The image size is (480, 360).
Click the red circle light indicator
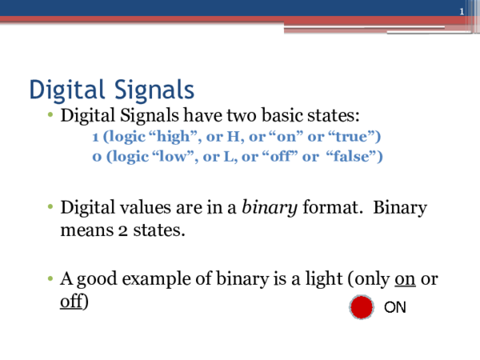pos(362,306)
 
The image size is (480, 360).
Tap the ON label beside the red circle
pos(395,307)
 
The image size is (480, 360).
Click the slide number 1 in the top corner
pos(462,10)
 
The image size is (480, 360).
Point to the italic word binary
pos(270,209)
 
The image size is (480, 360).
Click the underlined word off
pos(72,303)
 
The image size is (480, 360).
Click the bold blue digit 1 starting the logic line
pos(96,137)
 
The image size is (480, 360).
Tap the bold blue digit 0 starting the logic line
pos(96,156)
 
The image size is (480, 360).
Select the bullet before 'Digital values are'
pos(50,209)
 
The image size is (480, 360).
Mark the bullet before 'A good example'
pos(50,280)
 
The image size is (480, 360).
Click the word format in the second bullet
pos(327,209)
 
